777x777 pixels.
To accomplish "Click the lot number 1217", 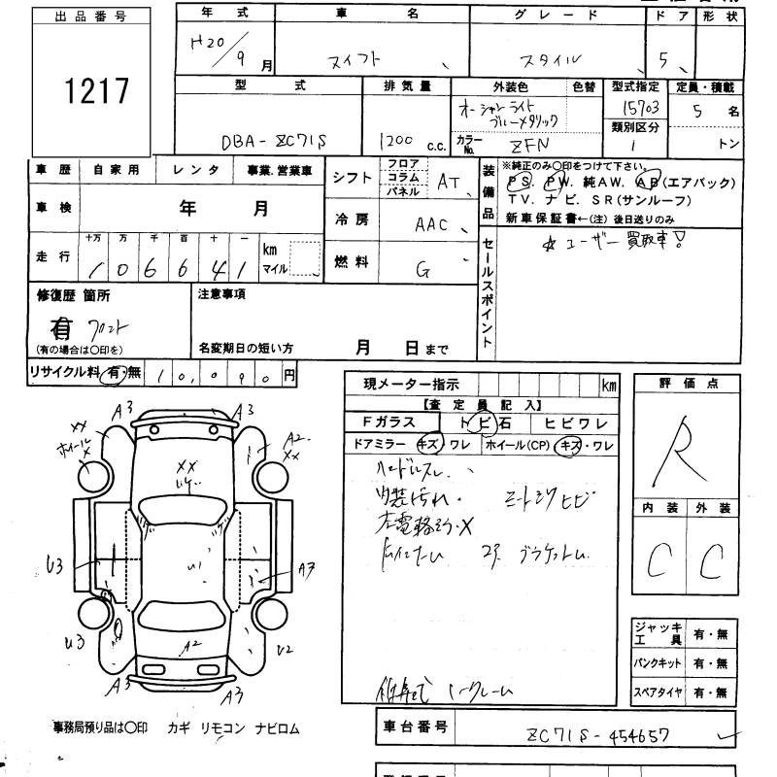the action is point(96,91).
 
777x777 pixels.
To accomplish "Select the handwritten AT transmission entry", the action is point(448,180).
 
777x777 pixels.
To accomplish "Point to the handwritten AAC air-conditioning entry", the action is point(432,224).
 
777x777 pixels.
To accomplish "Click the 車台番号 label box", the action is point(414,726).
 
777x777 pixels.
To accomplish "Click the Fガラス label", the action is point(388,422).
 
